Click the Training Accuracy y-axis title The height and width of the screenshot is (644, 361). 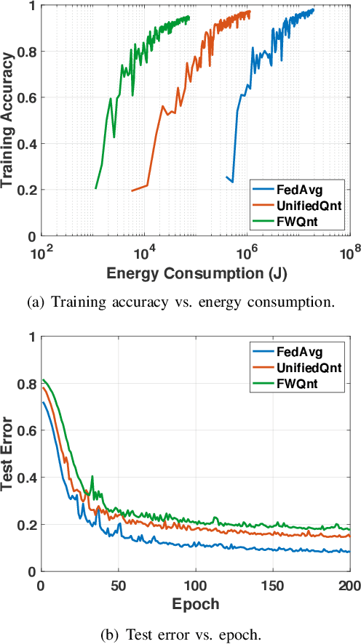point(9,120)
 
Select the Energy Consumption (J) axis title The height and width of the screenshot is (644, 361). point(195,274)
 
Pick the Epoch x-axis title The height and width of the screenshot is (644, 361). point(195,605)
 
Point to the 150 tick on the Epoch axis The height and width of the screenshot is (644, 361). point(273,586)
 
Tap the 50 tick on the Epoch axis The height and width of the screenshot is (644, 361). point(118,586)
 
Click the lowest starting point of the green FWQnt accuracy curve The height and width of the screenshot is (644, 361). point(95,189)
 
